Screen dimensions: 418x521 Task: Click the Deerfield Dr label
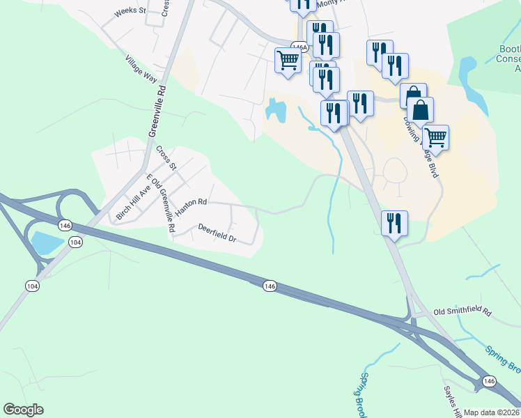click(x=217, y=233)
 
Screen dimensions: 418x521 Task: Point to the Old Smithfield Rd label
click(x=462, y=313)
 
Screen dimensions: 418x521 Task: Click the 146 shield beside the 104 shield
click(x=65, y=226)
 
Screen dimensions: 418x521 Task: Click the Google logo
click(x=24, y=410)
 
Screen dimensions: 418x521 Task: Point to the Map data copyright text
click(x=492, y=412)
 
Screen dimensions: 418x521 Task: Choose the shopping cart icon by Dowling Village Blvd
click(x=435, y=137)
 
